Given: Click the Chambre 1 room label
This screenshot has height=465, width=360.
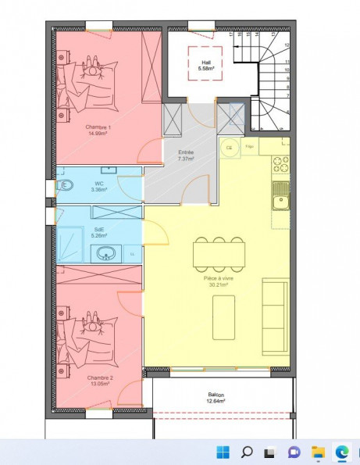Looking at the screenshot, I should click(99, 130).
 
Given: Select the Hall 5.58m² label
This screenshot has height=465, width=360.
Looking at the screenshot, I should click(206, 66).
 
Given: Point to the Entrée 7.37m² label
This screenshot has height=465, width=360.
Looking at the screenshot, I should click(186, 156).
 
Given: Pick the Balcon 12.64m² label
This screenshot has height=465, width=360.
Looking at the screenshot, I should click(216, 398).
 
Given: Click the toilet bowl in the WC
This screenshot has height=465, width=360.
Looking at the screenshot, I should click(64, 186).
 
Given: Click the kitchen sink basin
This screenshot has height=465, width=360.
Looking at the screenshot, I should click(279, 202).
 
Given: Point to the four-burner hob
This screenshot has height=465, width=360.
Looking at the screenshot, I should click(280, 166).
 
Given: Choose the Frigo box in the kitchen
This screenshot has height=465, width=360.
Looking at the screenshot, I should click(250, 146).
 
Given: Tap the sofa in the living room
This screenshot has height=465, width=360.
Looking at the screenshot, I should click(274, 314).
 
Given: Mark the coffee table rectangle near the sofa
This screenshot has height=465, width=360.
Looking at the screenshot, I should click(224, 317).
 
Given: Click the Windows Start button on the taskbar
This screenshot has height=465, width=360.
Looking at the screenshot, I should click(223, 452).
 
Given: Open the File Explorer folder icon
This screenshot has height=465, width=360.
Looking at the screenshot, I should click(318, 452).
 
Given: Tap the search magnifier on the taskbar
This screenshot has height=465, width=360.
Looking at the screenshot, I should click(246, 452).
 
